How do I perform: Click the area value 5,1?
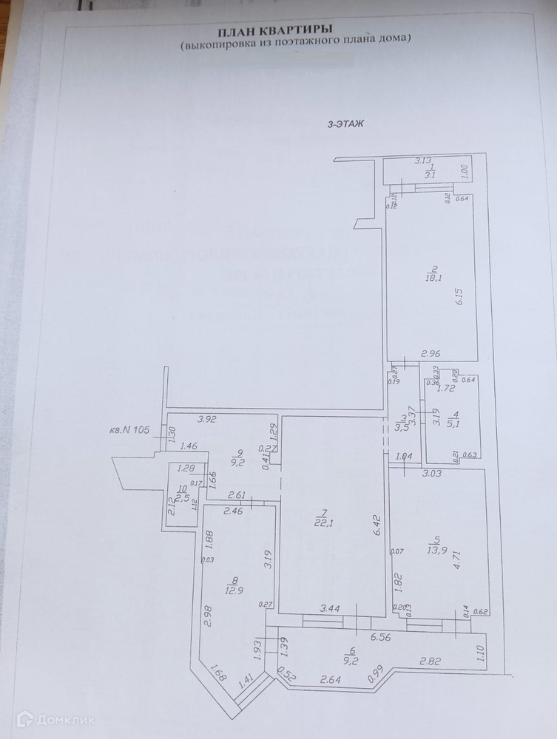[x=456, y=423]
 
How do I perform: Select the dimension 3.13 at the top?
[x=422, y=160]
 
